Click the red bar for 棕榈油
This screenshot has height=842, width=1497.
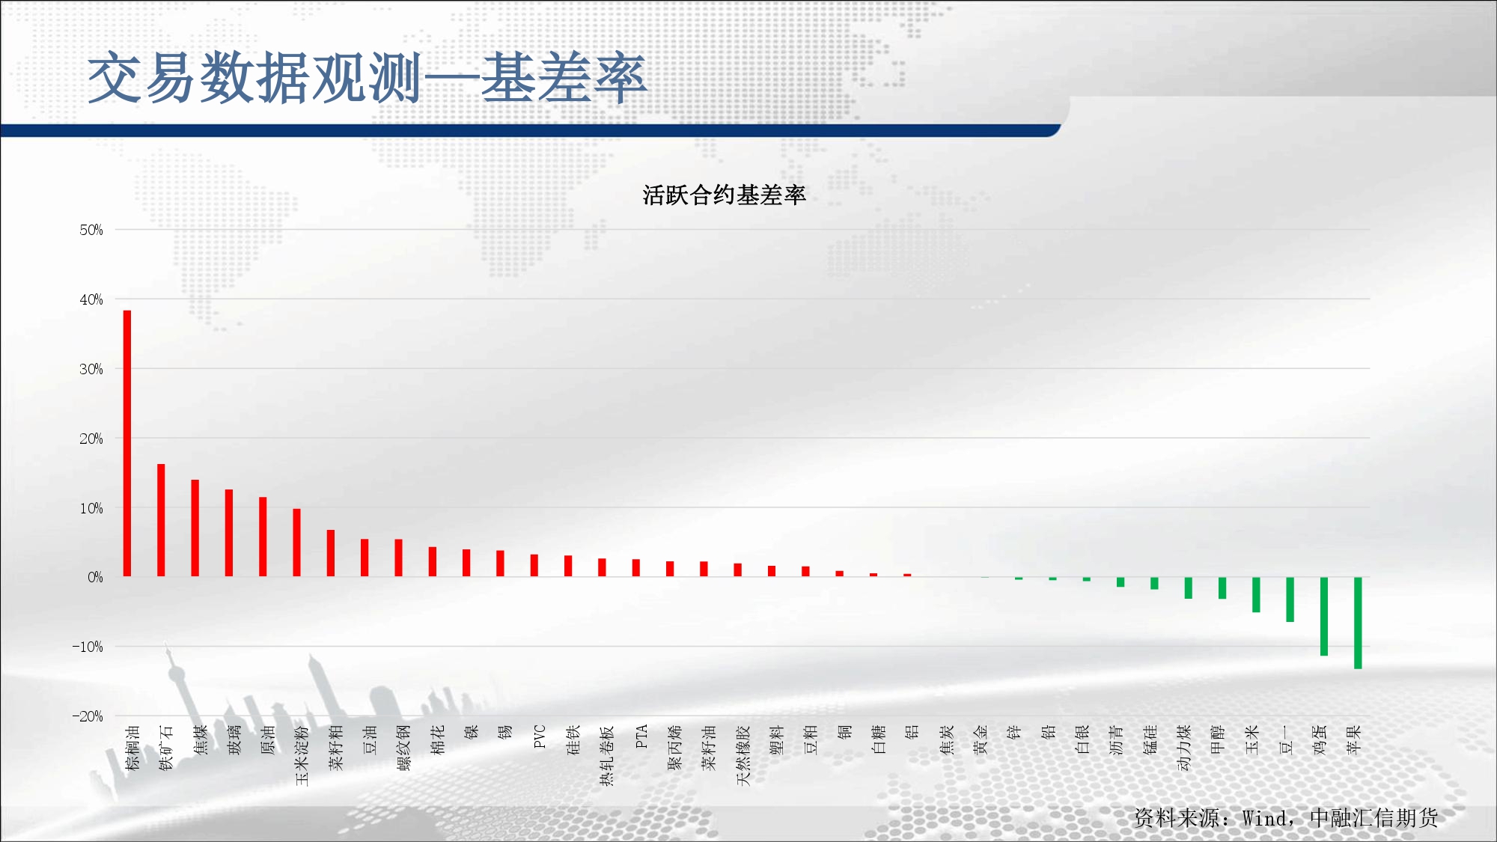[127, 443]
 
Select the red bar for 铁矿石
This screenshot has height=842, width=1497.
[161, 520]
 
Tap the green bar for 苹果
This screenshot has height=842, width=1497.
[1358, 623]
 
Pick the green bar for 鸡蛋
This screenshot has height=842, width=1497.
[1324, 617]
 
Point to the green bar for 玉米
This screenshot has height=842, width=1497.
[1256, 595]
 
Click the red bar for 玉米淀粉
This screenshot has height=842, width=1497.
[296, 543]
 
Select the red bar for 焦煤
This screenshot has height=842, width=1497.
[195, 528]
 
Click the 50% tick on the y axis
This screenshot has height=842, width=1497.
[91, 230]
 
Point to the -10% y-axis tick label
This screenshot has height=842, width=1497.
[88, 647]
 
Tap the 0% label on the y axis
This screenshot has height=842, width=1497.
[95, 577]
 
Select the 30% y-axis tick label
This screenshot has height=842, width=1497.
[91, 369]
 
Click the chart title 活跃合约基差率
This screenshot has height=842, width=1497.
[724, 195]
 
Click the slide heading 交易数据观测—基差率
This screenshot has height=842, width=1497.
[367, 78]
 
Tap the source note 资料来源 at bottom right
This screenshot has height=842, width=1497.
[1286, 817]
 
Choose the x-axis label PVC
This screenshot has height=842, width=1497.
[540, 736]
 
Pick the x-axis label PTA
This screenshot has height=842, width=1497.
[641, 736]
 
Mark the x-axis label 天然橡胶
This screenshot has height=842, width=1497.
[743, 755]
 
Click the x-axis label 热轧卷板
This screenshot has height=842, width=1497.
[607, 755]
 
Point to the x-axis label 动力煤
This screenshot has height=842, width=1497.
[1184, 748]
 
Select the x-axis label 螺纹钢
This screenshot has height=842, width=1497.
[403, 748]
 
